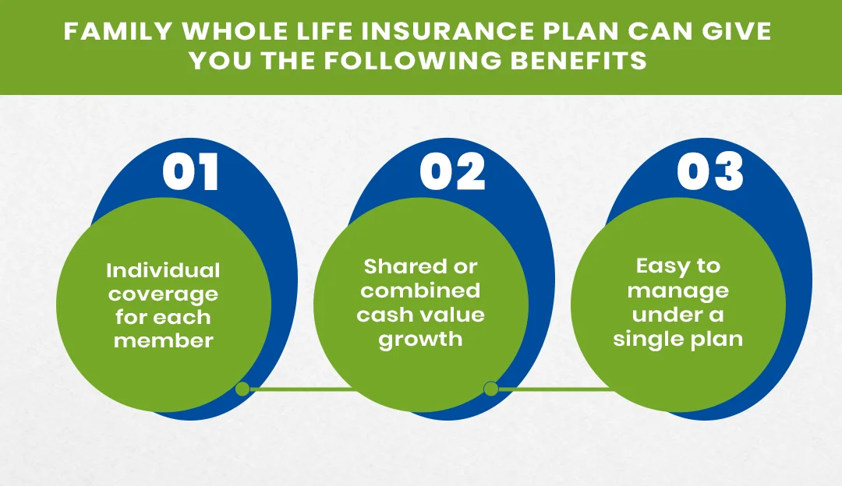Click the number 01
(x=192, y=173)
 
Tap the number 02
(x=452, y=173)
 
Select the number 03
(x=709, y=173)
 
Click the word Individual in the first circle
(x=164, y=270)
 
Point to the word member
(x=164, y=340)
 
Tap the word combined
(x=421, y=291)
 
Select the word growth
(x=421, y=339)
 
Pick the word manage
(x=678, y=291)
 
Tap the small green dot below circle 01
(x=242, y=389)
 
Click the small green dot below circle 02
(x=491, y=389)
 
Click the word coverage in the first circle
(x=164, y=294)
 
